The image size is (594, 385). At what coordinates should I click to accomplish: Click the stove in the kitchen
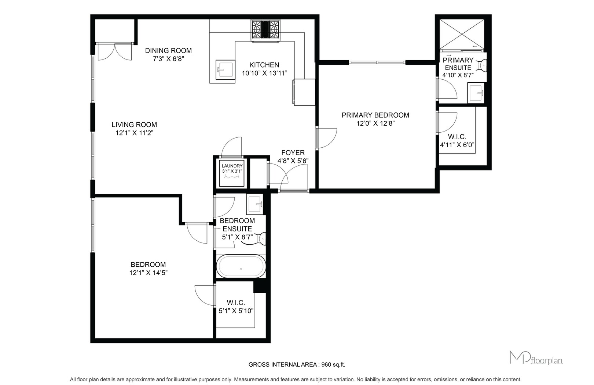pos(265,30)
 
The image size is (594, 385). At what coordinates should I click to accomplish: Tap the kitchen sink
pos(225,69)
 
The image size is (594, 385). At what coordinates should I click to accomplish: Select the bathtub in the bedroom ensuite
pos(241,266)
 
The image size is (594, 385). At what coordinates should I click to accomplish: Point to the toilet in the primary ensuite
pos(482,65)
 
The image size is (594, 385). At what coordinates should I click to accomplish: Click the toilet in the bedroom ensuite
pos(261,238)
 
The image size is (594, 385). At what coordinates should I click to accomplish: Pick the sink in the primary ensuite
pos(476,93)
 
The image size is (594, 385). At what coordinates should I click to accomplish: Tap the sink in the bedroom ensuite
pos(254,204)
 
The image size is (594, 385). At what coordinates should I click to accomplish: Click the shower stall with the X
pos(462,34)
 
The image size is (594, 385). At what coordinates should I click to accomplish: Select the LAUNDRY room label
pos(232,166)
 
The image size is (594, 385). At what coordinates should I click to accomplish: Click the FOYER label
pos(293,152)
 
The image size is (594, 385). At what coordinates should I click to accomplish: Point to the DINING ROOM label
pos(168,50)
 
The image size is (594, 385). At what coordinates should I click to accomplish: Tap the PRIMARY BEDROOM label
pos(375,115)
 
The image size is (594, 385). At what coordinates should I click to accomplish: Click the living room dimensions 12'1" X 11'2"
pos(135,133)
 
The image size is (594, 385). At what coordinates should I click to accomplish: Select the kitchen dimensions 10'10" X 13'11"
pos(264,73)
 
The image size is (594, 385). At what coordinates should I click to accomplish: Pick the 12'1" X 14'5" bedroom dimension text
pos(148,273)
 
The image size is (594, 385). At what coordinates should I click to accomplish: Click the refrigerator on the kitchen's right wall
pos(304,92)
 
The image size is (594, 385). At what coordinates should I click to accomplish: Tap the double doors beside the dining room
pos(114,51)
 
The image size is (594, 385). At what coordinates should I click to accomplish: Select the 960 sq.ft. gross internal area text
pos(333,364)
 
